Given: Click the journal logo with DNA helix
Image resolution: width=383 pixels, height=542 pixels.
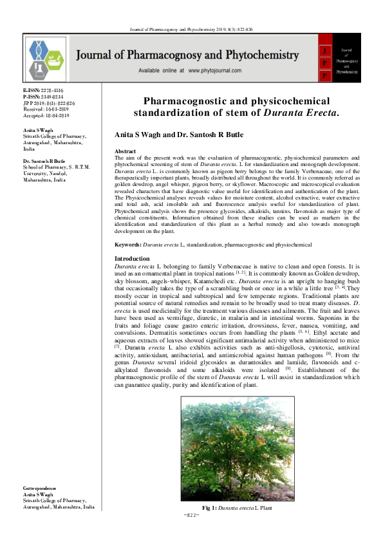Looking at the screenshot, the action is (47, 59).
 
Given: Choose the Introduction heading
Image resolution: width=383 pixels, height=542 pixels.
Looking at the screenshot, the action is (131, 258).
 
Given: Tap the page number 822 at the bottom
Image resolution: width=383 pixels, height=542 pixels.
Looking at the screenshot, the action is (192, 516).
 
